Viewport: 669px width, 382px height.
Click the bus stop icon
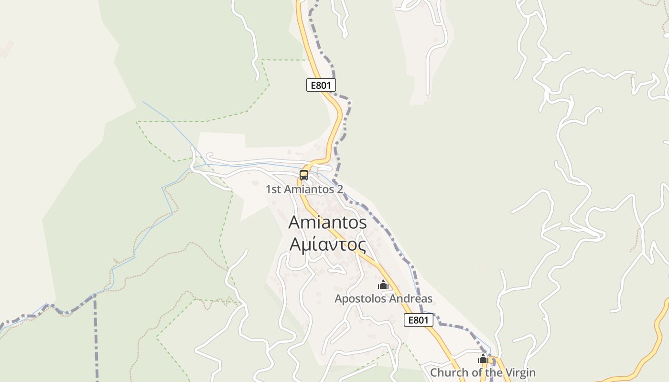[x=304, y=175]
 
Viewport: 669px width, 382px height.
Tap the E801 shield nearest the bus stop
[x=321, y=85]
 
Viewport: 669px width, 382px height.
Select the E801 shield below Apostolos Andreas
[x=419, y=320]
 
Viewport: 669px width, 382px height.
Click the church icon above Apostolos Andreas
[x=383, y=285]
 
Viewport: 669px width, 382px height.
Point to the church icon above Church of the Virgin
[x=483, y=359]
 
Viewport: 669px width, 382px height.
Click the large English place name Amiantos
[x=328, y=223]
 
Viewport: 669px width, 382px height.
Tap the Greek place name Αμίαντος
[x=328, y=244]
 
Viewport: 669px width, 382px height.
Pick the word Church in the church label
[x=448, y=372]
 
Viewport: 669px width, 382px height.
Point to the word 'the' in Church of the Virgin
[x=492, y=372]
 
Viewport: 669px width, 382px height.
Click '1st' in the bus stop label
[x=273, y=190]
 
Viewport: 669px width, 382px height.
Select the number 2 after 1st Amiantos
[x=340, y=190]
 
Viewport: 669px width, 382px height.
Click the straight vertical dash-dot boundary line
[x=96, y=344]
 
